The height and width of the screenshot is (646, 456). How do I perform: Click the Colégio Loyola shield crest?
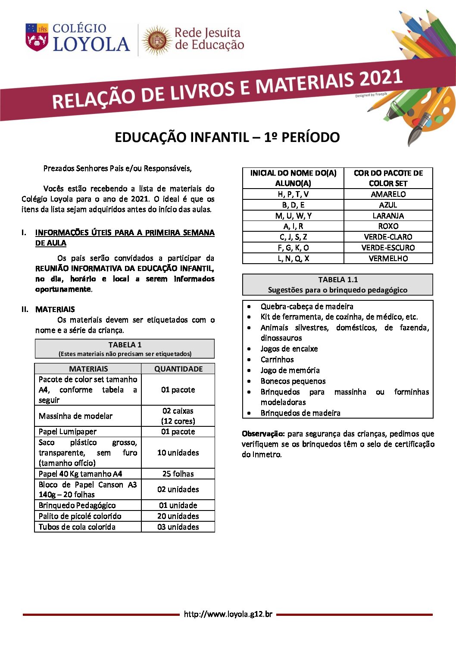point(37,37)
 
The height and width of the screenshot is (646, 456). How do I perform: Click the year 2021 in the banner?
point(381,79)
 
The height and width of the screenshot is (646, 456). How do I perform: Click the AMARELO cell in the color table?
point(388,194)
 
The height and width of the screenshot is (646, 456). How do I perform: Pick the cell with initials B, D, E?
point(293,205)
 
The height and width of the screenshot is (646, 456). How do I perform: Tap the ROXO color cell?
point(388,226)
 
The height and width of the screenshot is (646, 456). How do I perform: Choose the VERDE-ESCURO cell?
point(388,248)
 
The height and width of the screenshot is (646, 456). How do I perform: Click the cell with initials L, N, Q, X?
point(293,258)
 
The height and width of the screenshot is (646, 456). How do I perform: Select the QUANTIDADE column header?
point(178,369)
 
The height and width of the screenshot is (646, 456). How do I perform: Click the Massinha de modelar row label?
point(75,416)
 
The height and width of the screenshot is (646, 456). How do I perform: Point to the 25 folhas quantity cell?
point(178,474)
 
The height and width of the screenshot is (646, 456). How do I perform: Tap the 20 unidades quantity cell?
point(178,516)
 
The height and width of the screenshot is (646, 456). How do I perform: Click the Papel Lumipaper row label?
point(68,432)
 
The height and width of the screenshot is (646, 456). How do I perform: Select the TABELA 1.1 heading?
point(338,280)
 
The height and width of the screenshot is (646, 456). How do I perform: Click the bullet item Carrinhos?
point(277,359)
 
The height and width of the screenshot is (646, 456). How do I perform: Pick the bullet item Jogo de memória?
point(290,370)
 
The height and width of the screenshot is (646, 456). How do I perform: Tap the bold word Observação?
point(263,434)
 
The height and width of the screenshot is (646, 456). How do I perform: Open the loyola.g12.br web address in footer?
point(228,614)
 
